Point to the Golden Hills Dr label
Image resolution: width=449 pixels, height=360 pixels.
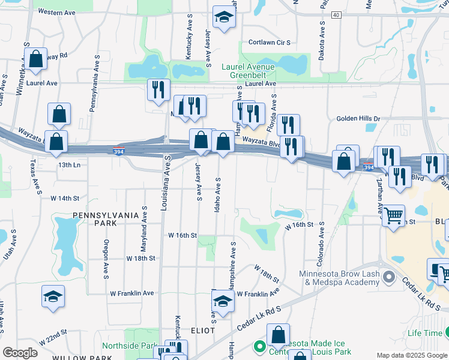pyautogui.click(x=358, y=119)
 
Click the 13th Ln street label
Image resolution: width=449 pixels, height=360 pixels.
pyautogui.click(x=69, y=164)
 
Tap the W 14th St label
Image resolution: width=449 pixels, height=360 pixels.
pyautogui.click(x=65, y=197)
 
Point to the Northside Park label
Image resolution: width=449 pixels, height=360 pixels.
pyautogui.click(x=129, y=346)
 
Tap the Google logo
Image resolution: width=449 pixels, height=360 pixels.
pyautogui.click(x=20, y=353)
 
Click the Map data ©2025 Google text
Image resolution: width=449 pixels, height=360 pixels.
pyautogui.click(x=411, y=355)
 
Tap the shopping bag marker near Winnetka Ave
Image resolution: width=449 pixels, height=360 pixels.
pyautogui.click(x=36, y=59)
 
